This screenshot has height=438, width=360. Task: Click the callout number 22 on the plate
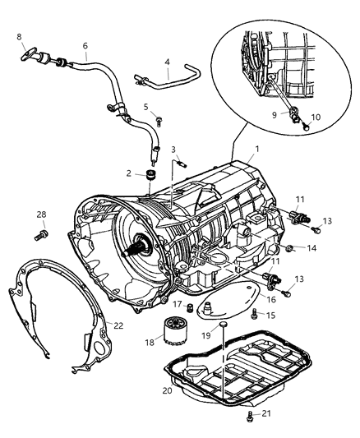click(x=119, y=326)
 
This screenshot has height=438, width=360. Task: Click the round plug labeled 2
click(x=150, y=174)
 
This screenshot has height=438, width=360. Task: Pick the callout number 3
click(x=173, y=149)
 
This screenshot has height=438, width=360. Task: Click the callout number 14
click(x=312, y=248)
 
